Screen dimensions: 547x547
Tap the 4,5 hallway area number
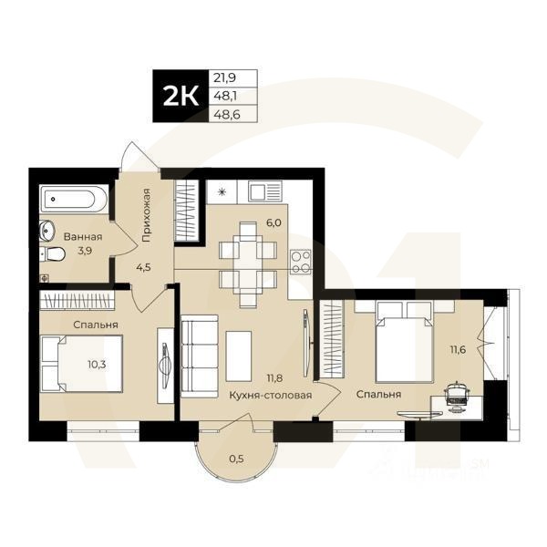coord(144,267)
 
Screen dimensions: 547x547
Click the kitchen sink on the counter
coord(263,191)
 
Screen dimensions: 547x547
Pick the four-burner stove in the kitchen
coord(301,262)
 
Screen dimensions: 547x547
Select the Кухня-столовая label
coord(270,396)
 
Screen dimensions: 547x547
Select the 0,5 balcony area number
coord(236,457)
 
